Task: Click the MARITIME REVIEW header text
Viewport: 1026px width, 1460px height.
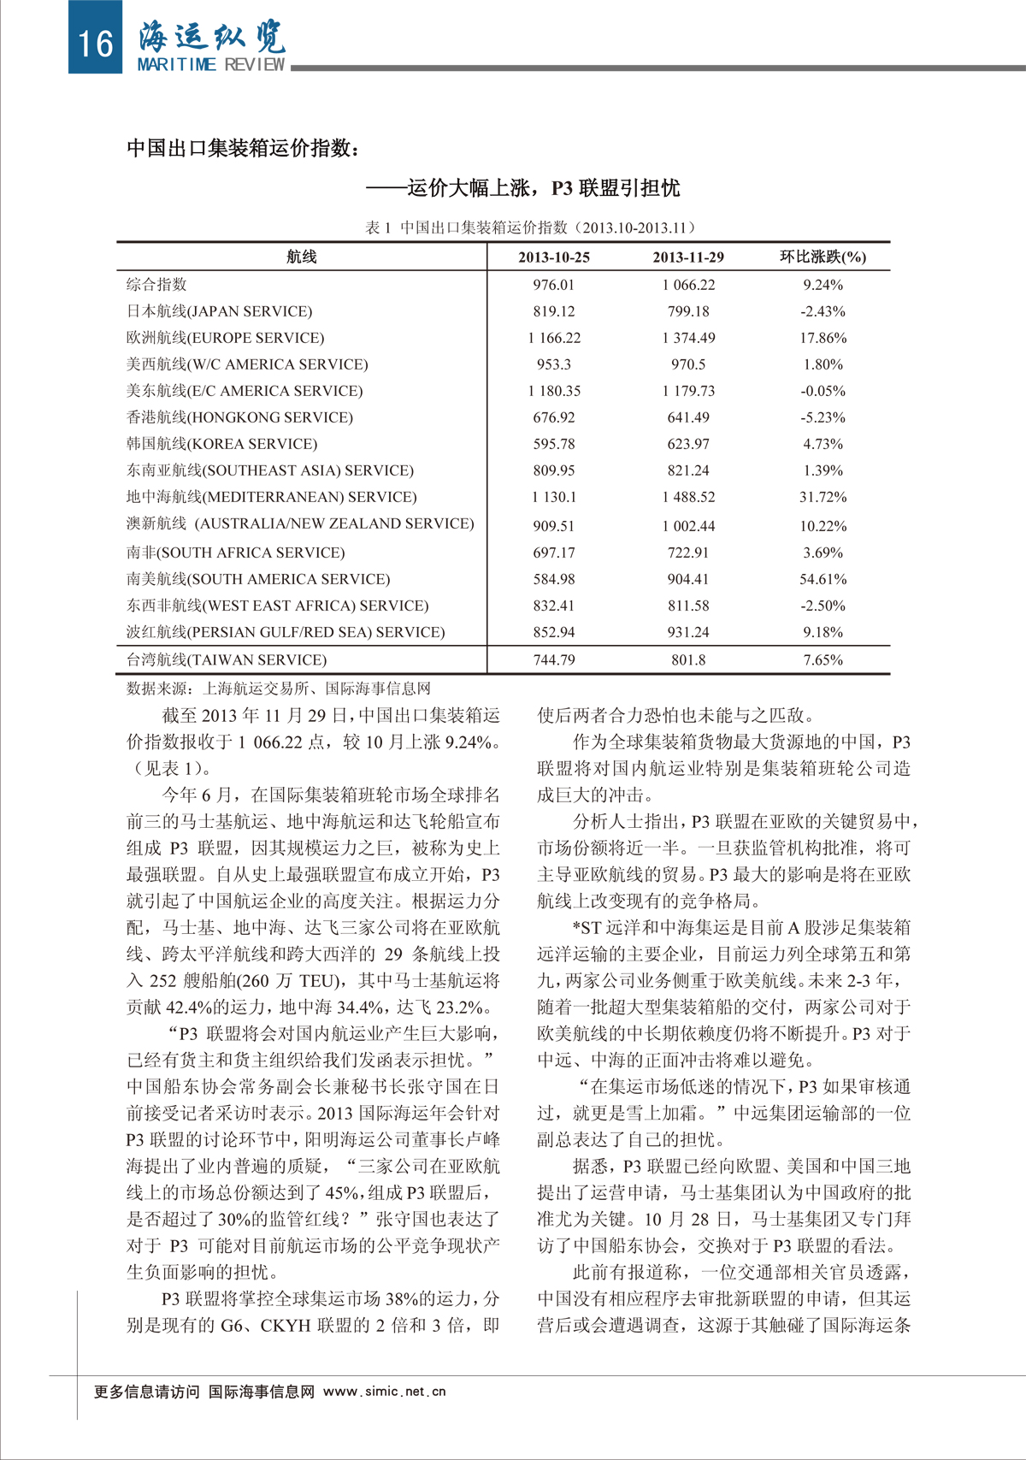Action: click(x=211, y=65)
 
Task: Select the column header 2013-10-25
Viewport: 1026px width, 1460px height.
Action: click(x=554, y=257)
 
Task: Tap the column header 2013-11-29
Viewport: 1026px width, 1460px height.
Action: click(x=688, y=257)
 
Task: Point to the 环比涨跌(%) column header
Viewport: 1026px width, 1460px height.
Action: click(x=823, y=257)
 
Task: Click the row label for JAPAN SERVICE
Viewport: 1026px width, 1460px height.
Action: click(x=220, y=311)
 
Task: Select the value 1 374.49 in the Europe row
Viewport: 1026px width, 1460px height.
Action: click(x=688, y=338)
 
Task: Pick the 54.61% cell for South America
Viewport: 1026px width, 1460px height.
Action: click(x=823, y=579)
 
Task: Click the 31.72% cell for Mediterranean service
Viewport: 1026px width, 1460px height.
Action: click(x=823, y=497)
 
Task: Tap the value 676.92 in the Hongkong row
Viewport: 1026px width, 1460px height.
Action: click(x=554, y=417)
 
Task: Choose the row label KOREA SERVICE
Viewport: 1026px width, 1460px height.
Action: click(x=222, y=444)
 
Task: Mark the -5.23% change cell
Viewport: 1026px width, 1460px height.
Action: click(x=823, y=417)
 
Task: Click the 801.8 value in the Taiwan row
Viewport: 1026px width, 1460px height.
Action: click(x=688, y=660)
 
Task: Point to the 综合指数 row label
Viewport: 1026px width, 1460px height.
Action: click(x=156, y=285)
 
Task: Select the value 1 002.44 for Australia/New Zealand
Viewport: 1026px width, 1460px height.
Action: click(x=688, y=526)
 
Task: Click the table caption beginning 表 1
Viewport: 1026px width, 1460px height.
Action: click(x=530, y=228)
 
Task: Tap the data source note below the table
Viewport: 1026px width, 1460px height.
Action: click(x=279, y=689)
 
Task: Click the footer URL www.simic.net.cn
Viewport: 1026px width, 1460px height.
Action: click(x=385, y=1392)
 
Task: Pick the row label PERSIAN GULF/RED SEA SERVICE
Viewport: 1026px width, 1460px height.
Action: click(x=286, y=632)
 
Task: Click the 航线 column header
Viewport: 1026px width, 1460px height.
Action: click(x=302, y=257)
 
